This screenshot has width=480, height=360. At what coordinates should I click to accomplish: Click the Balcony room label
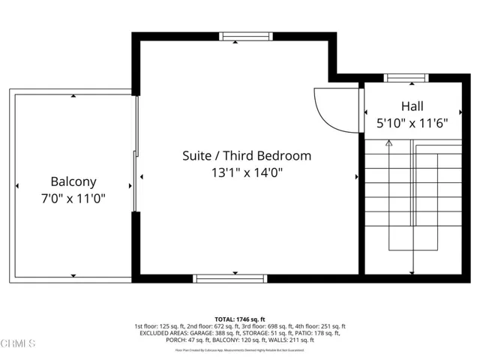73,181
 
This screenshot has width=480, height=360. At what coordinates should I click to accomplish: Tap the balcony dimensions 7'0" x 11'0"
73,199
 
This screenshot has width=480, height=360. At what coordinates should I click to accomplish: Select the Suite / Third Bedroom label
246,156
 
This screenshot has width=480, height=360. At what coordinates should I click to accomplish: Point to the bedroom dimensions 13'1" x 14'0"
246,173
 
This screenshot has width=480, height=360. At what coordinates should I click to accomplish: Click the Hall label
412,106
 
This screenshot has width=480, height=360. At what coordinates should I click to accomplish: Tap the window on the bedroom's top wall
235,36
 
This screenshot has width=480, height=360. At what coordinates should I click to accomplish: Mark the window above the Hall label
405,77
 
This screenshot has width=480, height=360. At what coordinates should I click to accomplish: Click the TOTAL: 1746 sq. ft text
239,319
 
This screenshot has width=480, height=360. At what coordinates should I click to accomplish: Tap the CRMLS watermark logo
18,344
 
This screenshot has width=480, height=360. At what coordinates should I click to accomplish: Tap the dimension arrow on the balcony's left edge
16,186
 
